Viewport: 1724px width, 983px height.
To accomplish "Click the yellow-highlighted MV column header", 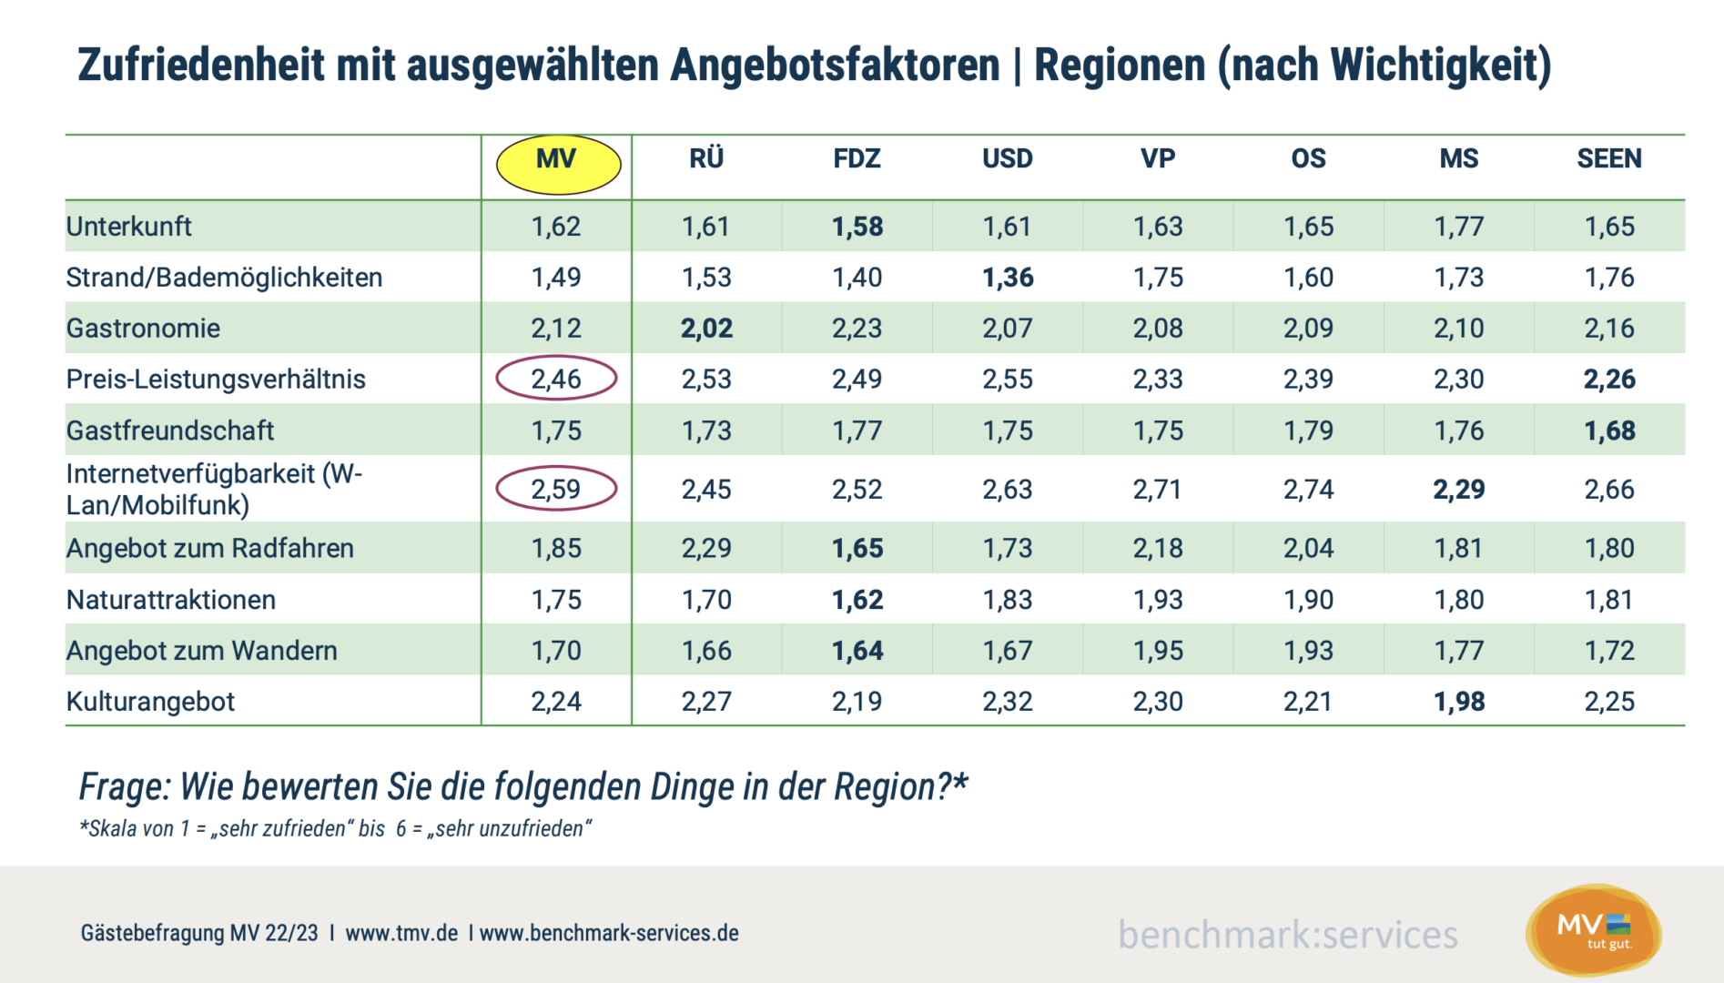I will click(x=557, y=163).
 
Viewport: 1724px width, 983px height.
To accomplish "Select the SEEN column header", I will click(x=1608, y=159).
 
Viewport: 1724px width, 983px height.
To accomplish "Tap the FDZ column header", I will click(x=857, y=159).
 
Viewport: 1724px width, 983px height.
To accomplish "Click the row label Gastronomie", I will click(x=143, y=329).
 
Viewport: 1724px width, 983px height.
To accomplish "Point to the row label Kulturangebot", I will click(x=150, y=702).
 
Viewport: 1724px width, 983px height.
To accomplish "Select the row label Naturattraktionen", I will click(x=171, y=600).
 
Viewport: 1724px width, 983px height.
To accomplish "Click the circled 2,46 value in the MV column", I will click(x=556, y=379).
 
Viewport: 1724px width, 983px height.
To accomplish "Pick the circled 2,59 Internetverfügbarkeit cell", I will click(x=556, y=490).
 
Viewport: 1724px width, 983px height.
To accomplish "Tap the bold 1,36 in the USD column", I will click(x=1008, y=278).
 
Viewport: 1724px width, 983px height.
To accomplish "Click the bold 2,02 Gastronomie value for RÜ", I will click(x=706, y=329).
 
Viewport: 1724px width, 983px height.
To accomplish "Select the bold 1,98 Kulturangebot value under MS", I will click(x=1458, y=702).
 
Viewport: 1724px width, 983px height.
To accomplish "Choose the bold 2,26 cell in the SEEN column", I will click(x=1608, y=380).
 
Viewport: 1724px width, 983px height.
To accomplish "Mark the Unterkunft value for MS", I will click(x=1458, y=227).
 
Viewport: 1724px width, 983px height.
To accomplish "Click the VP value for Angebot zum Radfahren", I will click(x=1158, y=549).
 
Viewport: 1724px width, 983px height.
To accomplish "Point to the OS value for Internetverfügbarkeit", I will click(x=1308, y=490).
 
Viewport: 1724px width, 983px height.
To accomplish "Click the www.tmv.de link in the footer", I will click(x=401, y=933).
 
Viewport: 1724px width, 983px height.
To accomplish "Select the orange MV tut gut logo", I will click(x=1593, y=931).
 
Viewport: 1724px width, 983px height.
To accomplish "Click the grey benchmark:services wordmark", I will click(x=1287, y=935).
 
